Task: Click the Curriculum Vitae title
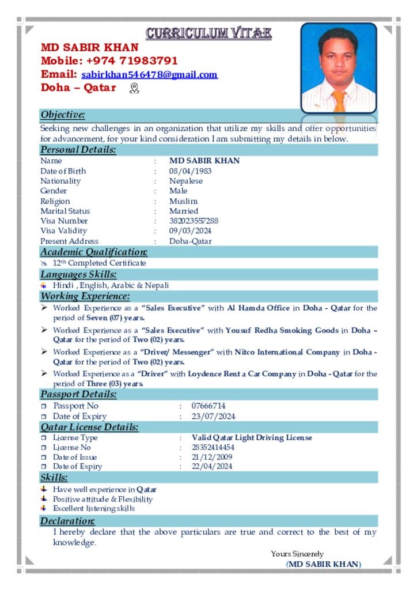coord(208,33)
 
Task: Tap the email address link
coord(149,75)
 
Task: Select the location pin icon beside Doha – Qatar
coord(135,88)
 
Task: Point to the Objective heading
coord(63,115)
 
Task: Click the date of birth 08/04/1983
coord(190,171)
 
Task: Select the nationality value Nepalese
coord(185,181)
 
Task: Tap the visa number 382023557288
coord(194,221)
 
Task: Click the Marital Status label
coord(65,211)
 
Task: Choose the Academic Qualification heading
coord(93,252)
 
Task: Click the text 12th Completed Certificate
coord(99,263)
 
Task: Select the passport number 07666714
coord(208,406)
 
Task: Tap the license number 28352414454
coord(213,448)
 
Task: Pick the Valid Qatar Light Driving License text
coord(252,438)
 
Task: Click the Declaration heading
coord(63,521)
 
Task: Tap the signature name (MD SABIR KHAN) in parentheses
coord(324,564)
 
